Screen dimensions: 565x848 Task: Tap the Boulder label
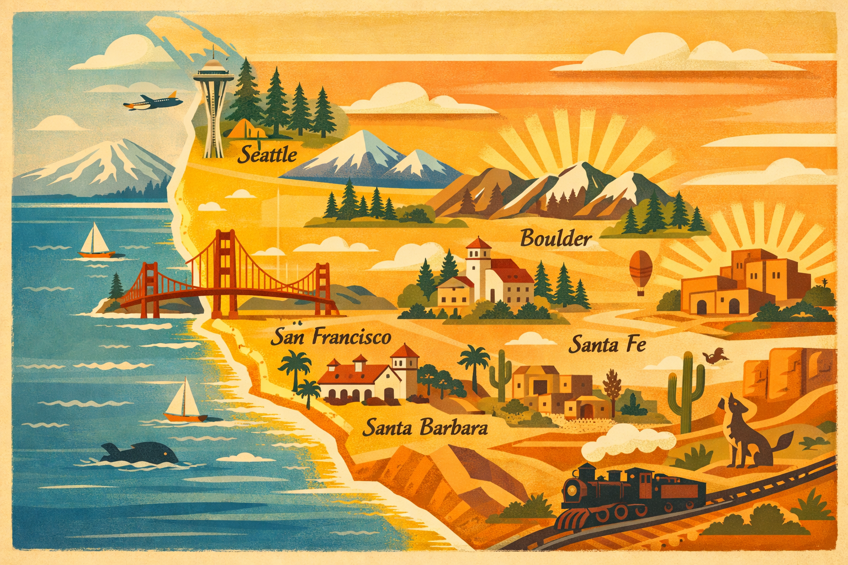click(556, 239)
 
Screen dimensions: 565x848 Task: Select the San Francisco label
click(331, 337)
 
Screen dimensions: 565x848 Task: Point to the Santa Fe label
click(607, 345)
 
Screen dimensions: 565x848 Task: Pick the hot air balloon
click(640, 270)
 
